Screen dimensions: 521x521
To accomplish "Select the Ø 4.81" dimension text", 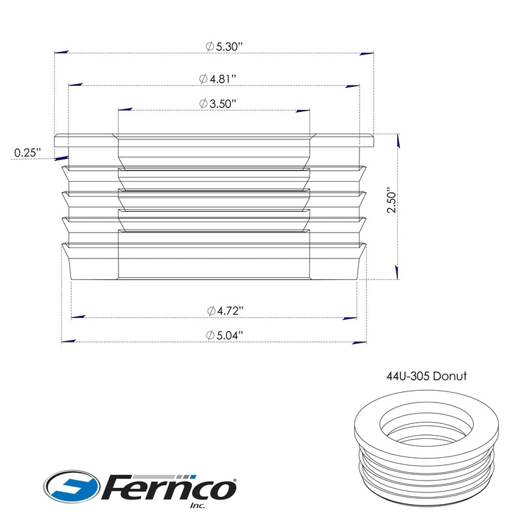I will coord(218,78).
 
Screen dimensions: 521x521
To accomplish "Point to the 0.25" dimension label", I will coord(27,152).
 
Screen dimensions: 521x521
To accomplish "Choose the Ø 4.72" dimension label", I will coord(225,311).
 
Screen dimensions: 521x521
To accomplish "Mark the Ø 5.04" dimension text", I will coord(225,335).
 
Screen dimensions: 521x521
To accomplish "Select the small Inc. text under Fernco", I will coord(197,505).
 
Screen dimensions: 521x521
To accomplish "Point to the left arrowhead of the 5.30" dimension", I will coord(62,53).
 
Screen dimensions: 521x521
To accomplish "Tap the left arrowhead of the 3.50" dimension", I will coord(125,109).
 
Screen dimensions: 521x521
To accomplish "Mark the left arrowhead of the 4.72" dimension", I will coord(77,317).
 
